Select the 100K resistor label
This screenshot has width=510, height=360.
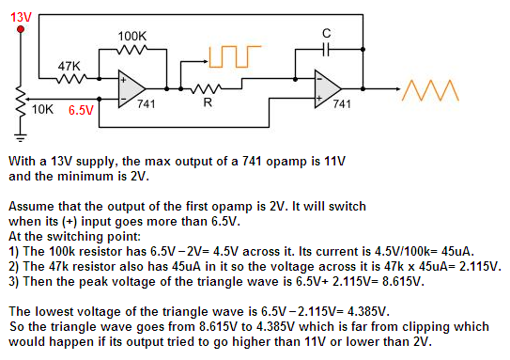131,36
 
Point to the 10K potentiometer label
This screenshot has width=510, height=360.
43,109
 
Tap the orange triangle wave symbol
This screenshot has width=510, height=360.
430,90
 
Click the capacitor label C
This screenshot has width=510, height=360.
326,35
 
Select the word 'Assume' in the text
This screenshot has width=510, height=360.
30,205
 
